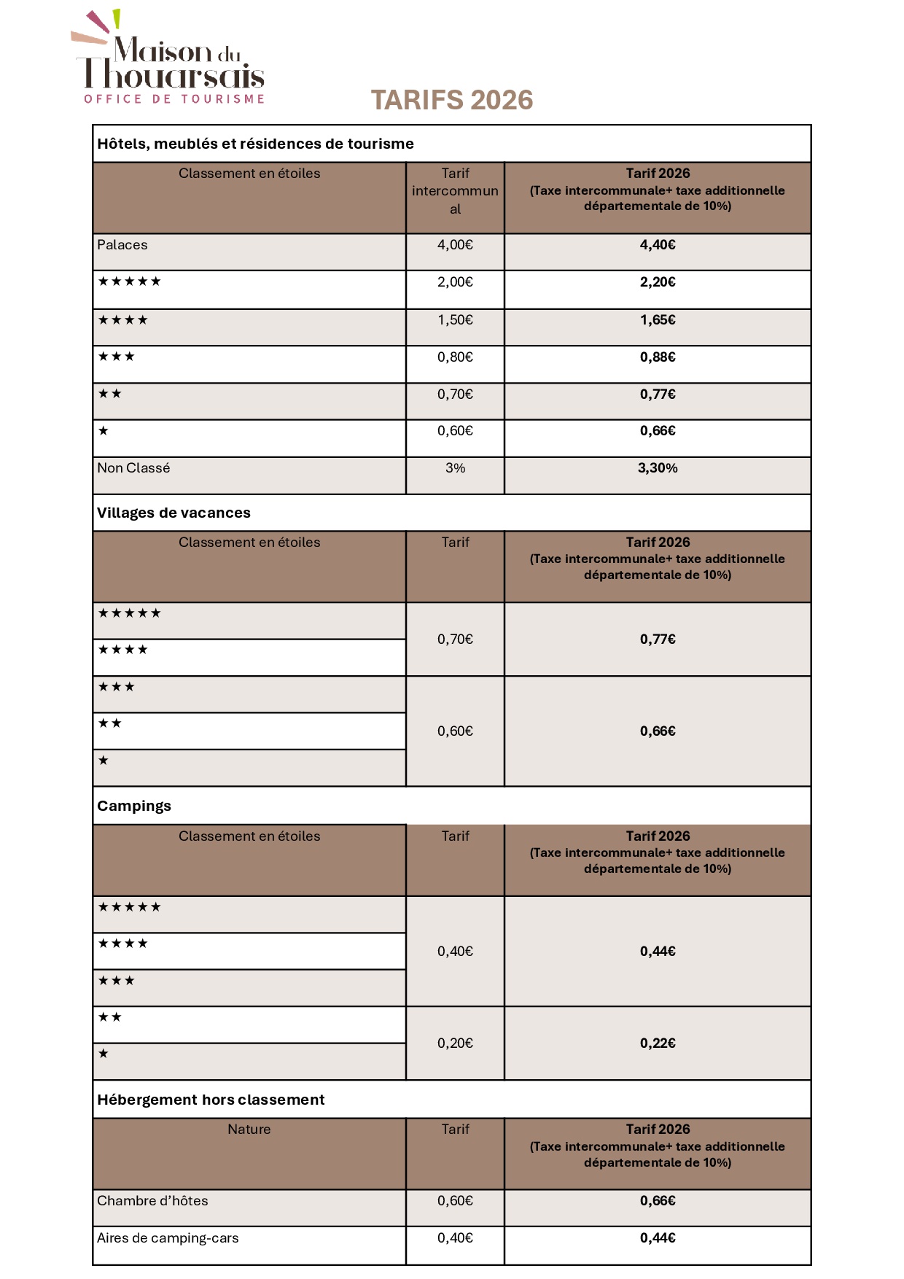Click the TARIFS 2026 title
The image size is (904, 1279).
(x=452, y=101)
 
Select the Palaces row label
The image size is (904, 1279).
(x=122, y=245)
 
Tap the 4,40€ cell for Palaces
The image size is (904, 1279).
(x=658, y=245)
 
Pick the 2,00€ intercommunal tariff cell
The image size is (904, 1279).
(x=455, y=282)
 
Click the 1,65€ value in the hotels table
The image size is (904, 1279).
(x=658, y=320)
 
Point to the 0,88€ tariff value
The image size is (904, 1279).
(x=658, y=357)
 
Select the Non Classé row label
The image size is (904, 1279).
(x=133, y=468)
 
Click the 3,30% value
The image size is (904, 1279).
(x=658, y=468)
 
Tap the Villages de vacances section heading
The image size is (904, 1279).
(x=174, y=513)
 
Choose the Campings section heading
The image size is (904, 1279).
(x=134, y=806)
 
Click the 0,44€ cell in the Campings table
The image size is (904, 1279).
(x=658, y=952)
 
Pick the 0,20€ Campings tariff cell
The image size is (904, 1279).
(x=455, y=1043)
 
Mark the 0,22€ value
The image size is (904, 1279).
(x=658, y=1043)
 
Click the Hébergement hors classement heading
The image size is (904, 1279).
(x=211, y=1100)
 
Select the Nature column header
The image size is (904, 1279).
(x=249, y=1130)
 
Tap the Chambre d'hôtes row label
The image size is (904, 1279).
(x=152, y=1201)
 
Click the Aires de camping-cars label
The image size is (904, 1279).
(x=168, y=1238)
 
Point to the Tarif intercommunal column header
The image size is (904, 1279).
(x=455, y=191)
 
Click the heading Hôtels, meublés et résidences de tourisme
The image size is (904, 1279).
(x=255, y=144)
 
